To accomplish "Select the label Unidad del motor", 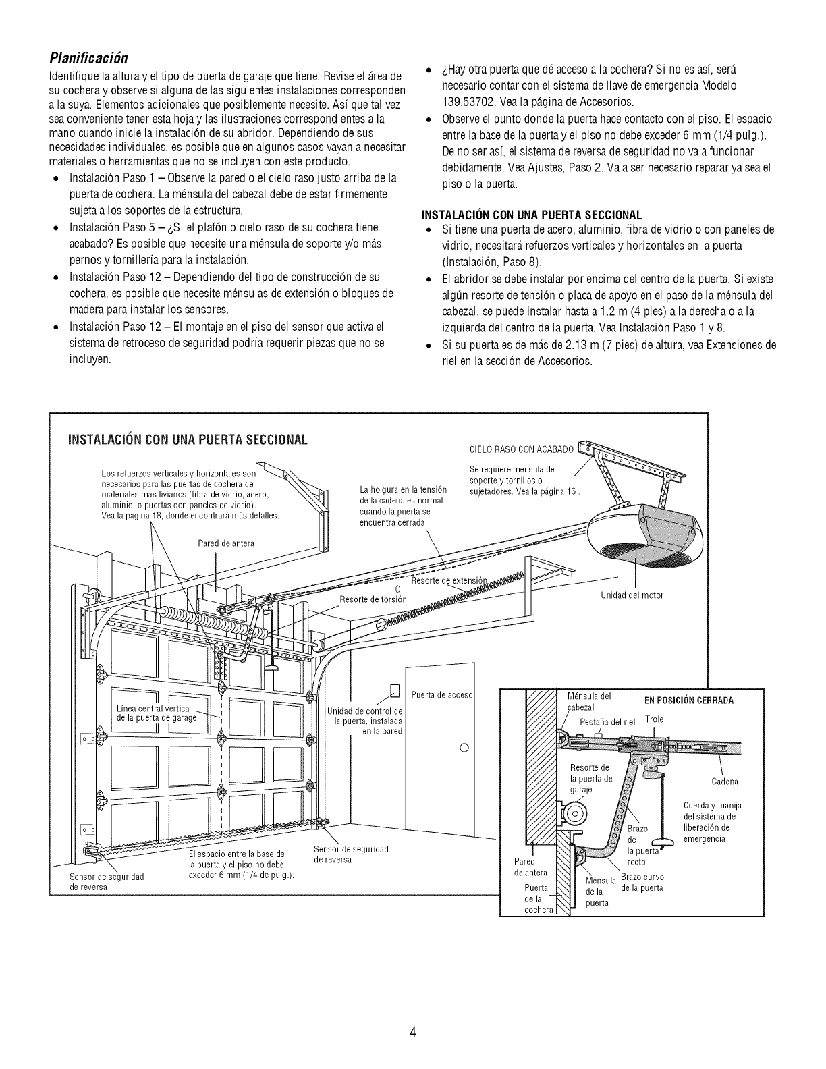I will pos(632,595).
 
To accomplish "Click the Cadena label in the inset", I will pos(725,782).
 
